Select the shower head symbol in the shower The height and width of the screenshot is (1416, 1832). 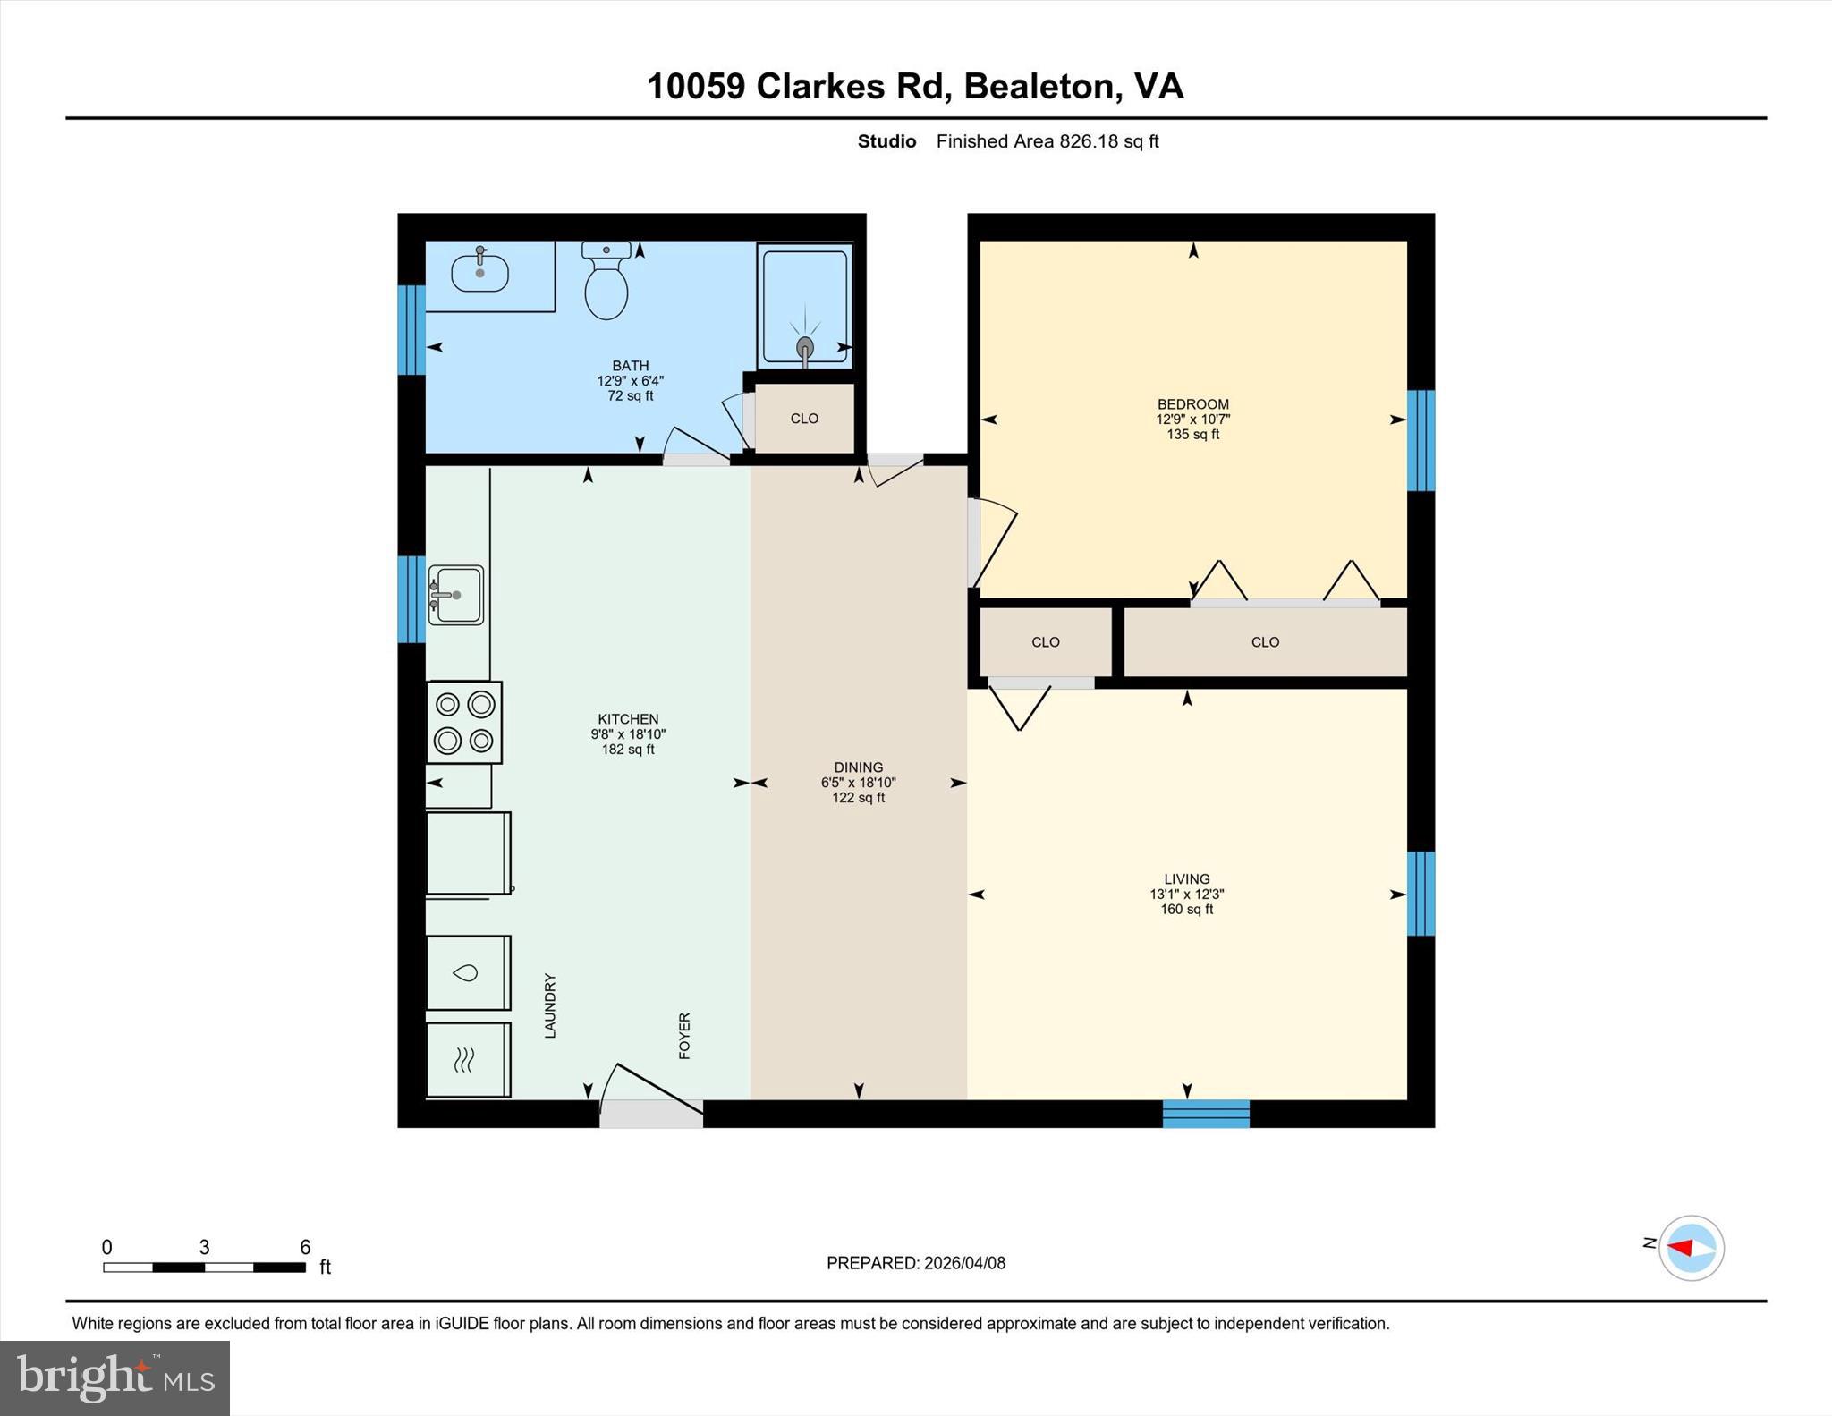coord(805,346)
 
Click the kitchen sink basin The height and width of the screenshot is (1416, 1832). coord(457,595)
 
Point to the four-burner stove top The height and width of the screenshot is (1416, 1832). coord(463,723)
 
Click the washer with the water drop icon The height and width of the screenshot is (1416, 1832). coord(467,973)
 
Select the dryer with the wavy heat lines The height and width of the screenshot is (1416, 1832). coord(467,1060)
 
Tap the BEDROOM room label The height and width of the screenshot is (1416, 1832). coord(1192,404)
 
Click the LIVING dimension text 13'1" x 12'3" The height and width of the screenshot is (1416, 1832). coord(1186,894)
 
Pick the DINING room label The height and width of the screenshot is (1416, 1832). coord(858,767)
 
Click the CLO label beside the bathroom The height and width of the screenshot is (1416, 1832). coord(804,419)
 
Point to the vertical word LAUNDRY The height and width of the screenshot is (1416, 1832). coord(550,1005)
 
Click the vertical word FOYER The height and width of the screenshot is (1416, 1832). coord(684,1036)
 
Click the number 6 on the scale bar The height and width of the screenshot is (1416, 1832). coord(305,1247)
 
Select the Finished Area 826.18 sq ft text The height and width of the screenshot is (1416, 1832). coord(1047,141)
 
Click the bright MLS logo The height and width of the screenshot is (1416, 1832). coord(114,1378)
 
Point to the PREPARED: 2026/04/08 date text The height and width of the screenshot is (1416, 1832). coord(915,1263)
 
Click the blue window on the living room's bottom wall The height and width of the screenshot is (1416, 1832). coord(1205,1114)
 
